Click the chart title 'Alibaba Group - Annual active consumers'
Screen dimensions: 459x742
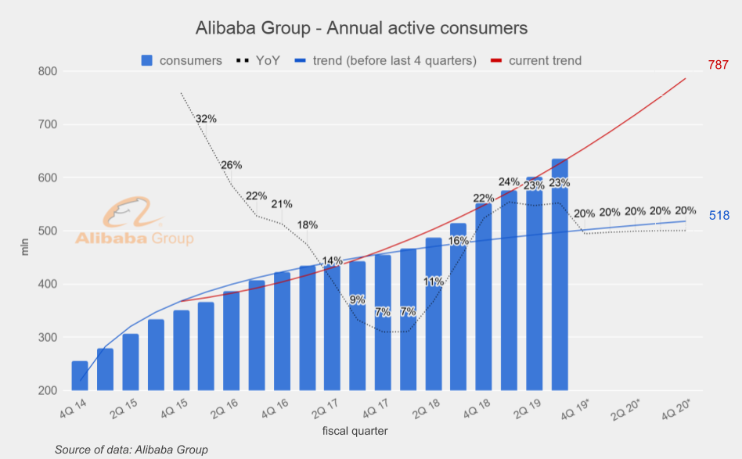[x=361, y=28]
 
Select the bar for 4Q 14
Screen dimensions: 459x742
[x=80, y=376]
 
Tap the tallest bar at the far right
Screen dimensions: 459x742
[x=560, y=274]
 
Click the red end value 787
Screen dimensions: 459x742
[x=719, y=65]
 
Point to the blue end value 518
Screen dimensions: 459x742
[x=719, y=215]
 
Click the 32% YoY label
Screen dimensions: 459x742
[x=207, y=119]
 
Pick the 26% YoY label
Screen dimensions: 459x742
[x=232, y=165]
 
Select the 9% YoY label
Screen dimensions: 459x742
[x=357, y=299]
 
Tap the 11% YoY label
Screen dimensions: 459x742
[x=434, y=281]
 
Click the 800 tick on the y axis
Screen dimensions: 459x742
[x=47, y=71]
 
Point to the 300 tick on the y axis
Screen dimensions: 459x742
[x=47, y=338]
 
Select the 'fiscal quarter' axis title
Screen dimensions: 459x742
[x=355, y=431]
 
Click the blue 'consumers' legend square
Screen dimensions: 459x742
[x=147, y=60]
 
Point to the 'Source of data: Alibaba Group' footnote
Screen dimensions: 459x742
[x=131, y=450]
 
